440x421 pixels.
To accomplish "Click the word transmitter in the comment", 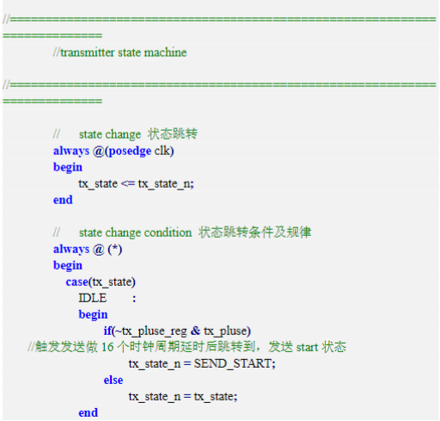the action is [x=87, y=53].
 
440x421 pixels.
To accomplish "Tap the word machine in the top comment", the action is [x=165, y=53].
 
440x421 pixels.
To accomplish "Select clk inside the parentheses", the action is [x=162, y=151].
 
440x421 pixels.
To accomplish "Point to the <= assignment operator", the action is [x=127, y=183].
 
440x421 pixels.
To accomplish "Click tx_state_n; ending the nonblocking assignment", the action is [x=166, y=184].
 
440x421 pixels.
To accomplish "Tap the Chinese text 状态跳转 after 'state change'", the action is [x=173, y=134].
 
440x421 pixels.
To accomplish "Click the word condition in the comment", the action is [x=168, y=232].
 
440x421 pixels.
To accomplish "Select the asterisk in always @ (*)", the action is [x=115, y=248].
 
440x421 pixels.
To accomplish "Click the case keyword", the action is [x=76, y=282].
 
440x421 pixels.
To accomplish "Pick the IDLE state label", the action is [x=93, y=298].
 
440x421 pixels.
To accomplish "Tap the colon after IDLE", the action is [x=134, y=299].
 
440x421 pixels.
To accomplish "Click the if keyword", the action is [x=107, y=331].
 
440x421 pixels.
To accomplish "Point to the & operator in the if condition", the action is [x=195, y=331].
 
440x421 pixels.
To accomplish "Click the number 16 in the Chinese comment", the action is [x=107, y=347].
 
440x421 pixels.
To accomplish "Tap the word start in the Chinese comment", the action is [x=307, y=348].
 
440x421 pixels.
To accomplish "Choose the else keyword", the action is [x=113, y=381].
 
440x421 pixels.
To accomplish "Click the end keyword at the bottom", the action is [x=88, y=413].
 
